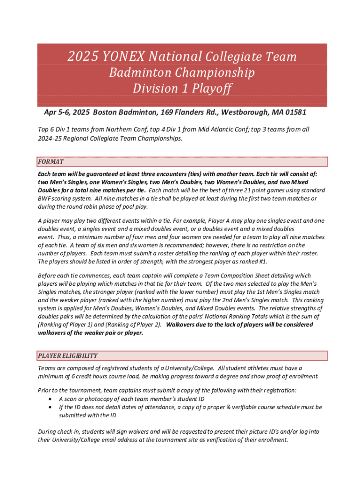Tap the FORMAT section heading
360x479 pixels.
51,162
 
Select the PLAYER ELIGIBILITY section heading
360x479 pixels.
68,356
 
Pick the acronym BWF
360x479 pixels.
46,199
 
